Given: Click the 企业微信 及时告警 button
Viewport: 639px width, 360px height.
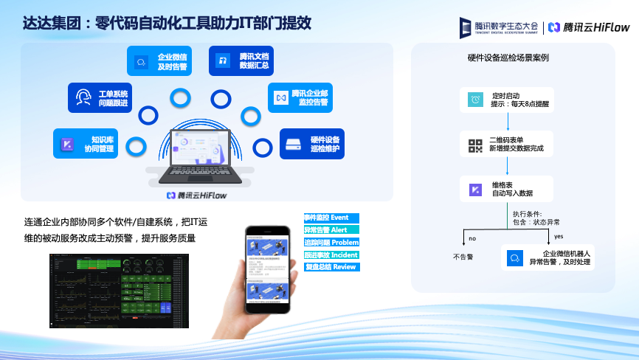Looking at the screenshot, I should (159, 61).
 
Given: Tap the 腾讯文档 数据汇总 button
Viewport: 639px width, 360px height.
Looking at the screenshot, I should (241, 61).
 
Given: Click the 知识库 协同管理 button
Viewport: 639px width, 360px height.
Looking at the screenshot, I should (88, 143).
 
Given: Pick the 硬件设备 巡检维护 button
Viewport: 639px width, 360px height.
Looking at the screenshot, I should (312, 144).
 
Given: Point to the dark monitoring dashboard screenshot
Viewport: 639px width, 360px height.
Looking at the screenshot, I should (118, 291).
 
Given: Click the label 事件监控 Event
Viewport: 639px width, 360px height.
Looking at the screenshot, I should (331, 218).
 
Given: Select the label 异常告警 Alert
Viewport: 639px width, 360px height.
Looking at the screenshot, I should (331, 230).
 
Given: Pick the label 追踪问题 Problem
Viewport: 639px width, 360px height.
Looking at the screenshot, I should (331, 243).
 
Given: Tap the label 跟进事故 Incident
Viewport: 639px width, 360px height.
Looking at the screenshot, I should (331, 255).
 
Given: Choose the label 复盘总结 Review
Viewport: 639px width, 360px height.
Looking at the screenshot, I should (331, 267).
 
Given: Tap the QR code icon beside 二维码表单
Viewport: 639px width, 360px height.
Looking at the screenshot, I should (474, 145).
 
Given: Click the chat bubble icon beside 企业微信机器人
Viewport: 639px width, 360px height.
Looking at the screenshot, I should (514, 258).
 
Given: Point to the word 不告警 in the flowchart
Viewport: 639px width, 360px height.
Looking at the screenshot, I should (463, 257).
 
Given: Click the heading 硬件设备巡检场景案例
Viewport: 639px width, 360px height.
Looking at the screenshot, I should (508, 58).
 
